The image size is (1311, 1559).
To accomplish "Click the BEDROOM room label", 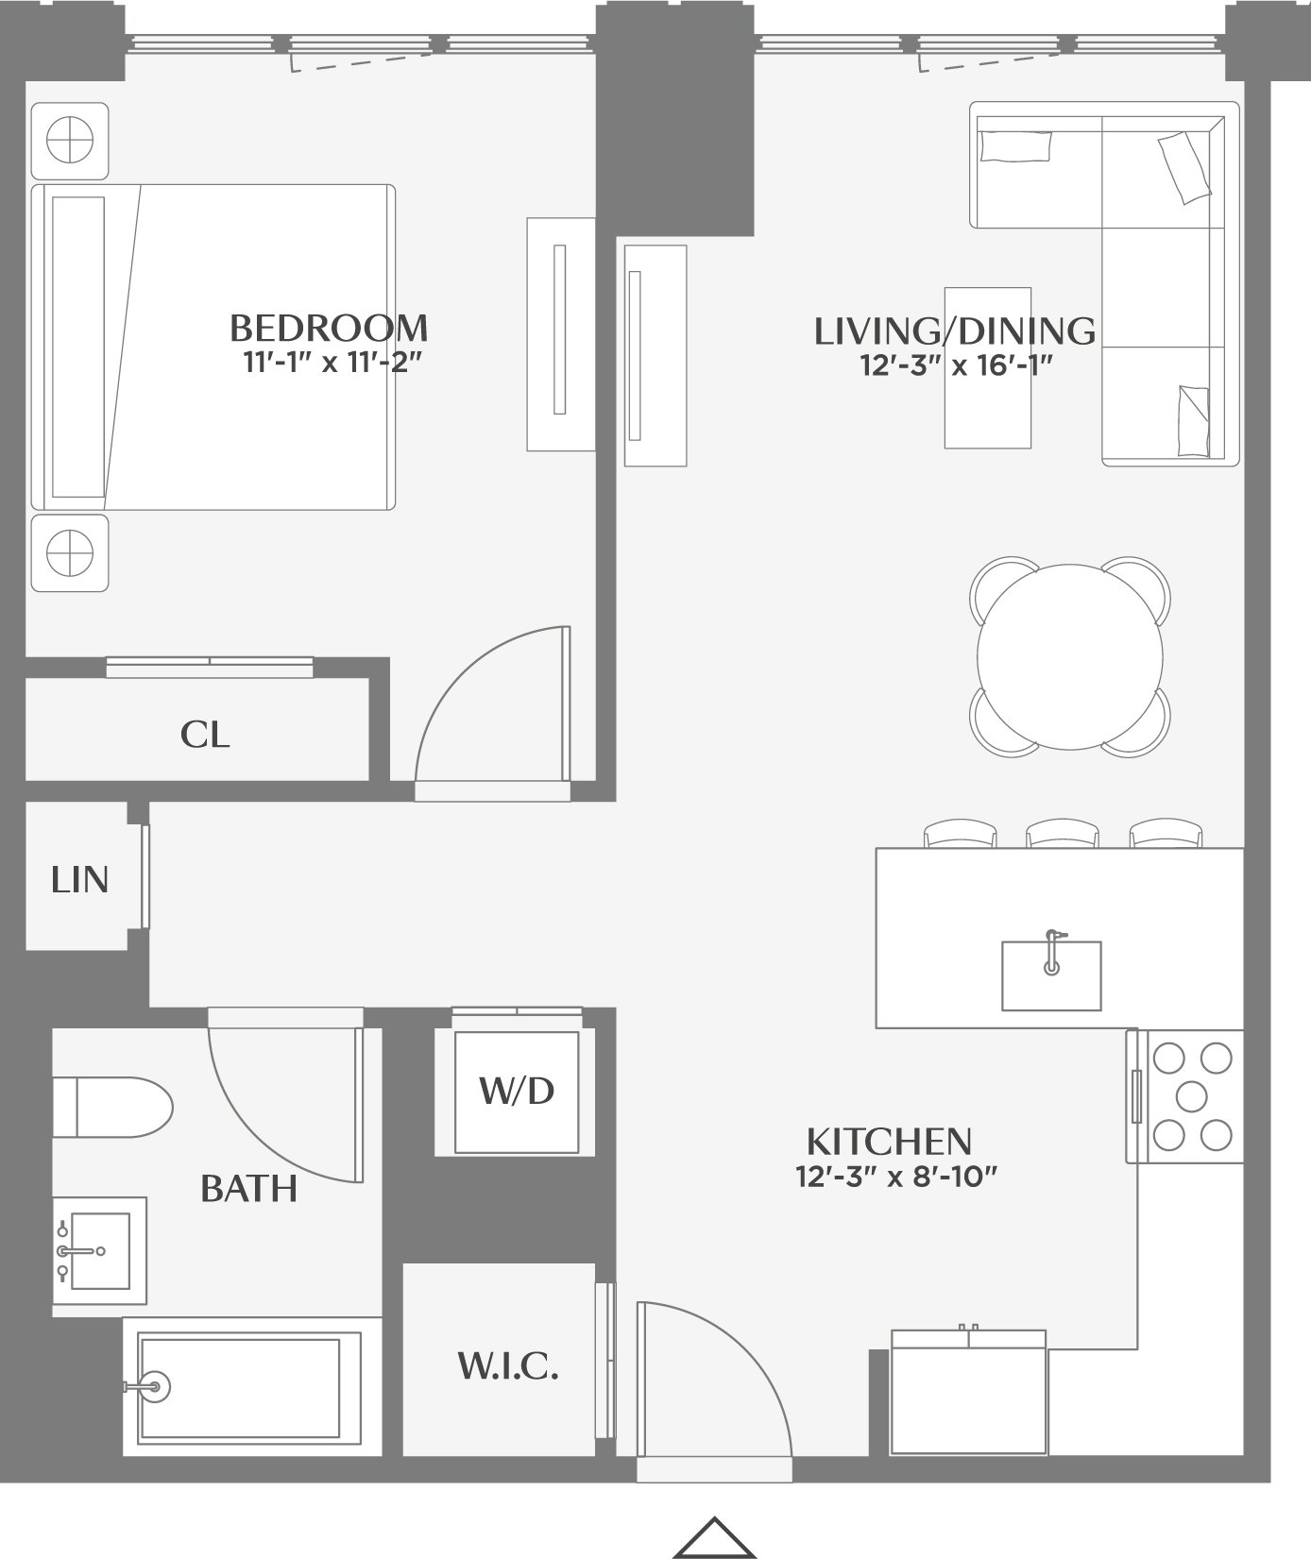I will click(329, 329).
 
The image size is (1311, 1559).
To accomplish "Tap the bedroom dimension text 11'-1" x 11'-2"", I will click(331, 363).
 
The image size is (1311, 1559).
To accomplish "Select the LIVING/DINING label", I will click(954, 331).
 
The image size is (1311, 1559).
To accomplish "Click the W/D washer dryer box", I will click(516, 1092).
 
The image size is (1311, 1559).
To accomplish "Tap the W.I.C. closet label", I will click(507, 1366).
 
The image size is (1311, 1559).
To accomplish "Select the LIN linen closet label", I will click(80, 880).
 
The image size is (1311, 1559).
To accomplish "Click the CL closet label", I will click(205, 735).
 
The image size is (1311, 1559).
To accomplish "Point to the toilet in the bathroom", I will click(111, 1108).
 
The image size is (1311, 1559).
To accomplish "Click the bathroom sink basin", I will click(99, 1250).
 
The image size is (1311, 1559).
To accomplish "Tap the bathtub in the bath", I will click(250, 1386).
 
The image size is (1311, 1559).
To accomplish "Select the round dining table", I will click(1070, 657).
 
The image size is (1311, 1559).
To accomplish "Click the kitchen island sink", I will click(1051, 974).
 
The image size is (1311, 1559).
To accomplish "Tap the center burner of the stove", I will click(1192, 1095).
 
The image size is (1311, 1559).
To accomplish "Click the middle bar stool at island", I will click(1063, 834).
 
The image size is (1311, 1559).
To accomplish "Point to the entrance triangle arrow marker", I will click(715, 1538).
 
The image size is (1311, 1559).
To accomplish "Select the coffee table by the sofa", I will click(987, 367).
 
